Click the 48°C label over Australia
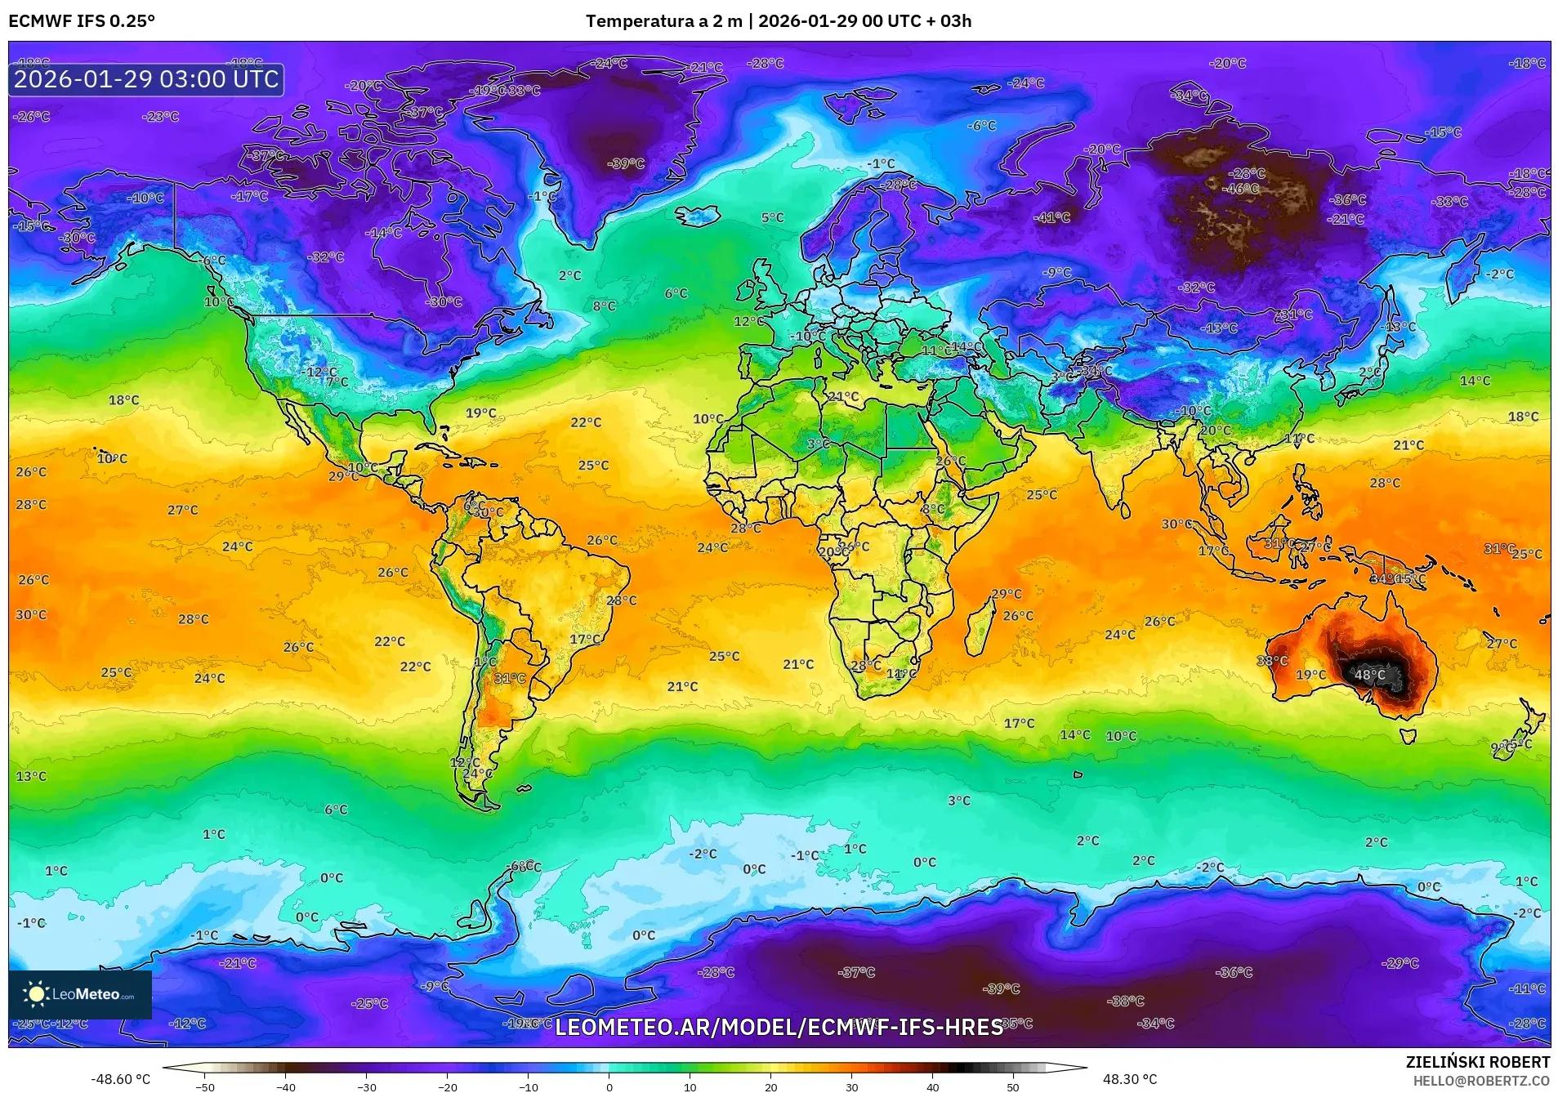pyautogui.click(x=1370, y=675)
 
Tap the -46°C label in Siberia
pyautogui.click(x=1240, y=189)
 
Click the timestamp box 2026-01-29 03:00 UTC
pyautogui.click(x=146, y=79)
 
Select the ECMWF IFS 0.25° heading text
pyautogui.click(x=82, y=21)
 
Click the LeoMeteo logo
pyautogui.click(x=80, y=994)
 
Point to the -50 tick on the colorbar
pyautogui.click(x=205, y=1087)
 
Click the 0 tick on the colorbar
pyautogui.click(x=609, y=1087)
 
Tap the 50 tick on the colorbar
pyautogui.click(x=1013, y=1087)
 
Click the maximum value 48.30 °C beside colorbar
pyautogui.click(x=1130, y=1079)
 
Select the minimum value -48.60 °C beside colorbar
pyautogui.click(x=120, y=1079)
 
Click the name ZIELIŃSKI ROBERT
pyautogui.click(x=1477, y=1062)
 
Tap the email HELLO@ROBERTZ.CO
pyautogui.click(x=1481, y=1081)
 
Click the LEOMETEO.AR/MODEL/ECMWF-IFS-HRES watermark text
pyautogui.click(x=779, y=1027)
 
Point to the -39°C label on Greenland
pyautogui.click(x=626, y=163)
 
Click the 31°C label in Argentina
pyautogui.click(x=510, y=678)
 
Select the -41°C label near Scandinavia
pyautogui.click(x=1052, y=217)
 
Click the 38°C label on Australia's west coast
pyautogui.click(x=1272, y=661)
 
